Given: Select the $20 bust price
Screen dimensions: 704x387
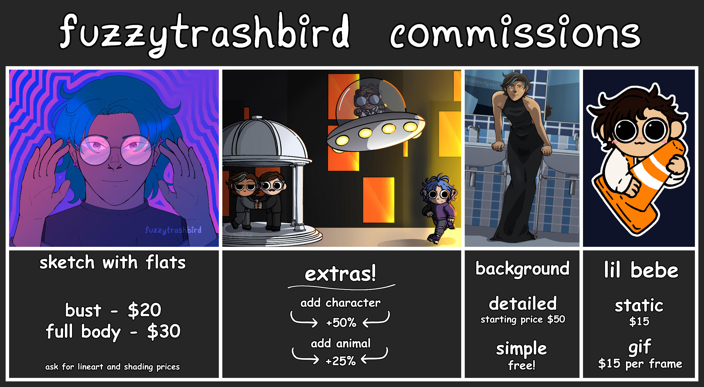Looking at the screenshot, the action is point(144,310).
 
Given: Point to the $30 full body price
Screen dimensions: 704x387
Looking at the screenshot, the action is point(164,331).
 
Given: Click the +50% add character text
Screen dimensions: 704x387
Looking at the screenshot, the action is point(341,322).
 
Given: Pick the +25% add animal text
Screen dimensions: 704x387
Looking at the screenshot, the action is point(340,361).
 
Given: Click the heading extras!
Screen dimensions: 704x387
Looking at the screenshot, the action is point(340,273).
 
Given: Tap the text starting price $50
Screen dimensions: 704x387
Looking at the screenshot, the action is point(522,319).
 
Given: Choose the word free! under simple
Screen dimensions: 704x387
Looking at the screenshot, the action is point(522,365).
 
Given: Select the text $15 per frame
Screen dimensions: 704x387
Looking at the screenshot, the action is point(640,364).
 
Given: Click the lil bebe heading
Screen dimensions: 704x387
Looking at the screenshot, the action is point(641,270).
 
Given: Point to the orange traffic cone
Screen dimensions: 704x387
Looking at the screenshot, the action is point(641,187).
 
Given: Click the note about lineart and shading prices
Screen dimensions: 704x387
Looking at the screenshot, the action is point(112,367).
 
